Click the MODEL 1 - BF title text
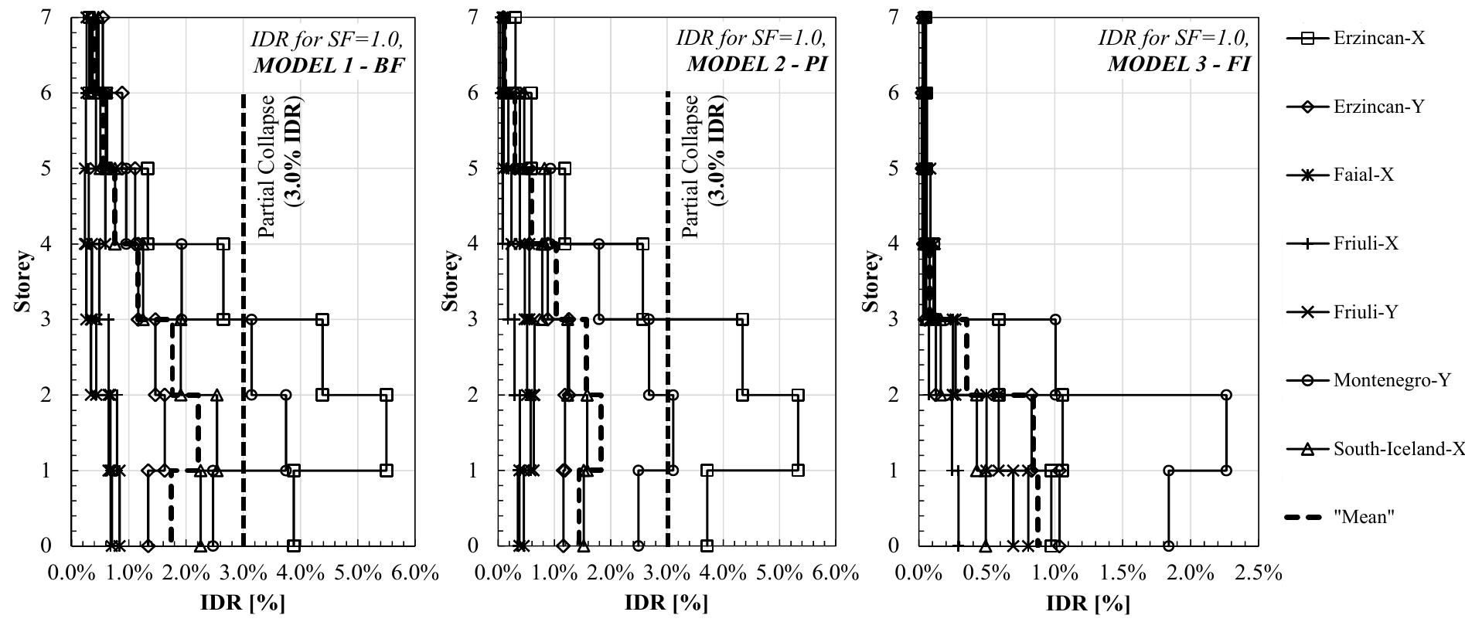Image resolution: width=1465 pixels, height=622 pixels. [329, 64]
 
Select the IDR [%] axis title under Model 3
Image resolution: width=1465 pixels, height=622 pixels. [1088, 603]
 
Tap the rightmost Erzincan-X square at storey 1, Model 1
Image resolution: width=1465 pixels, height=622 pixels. [387, 470]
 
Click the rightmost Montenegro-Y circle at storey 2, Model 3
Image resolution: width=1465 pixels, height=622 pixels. [1226, 395]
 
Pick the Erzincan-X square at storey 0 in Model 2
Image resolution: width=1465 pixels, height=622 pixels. [707, 546]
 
